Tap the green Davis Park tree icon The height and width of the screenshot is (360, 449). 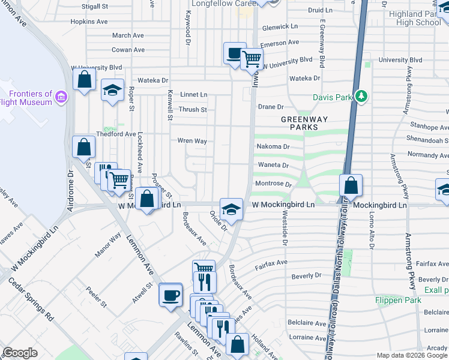pos(361,96)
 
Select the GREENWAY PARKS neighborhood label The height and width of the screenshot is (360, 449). pos(305,123)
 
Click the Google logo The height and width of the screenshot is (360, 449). pos(20,353)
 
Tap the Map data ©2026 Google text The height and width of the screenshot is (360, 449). pos(412,355)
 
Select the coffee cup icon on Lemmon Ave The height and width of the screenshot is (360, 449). pos(170,295)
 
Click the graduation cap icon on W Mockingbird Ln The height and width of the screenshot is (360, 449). pos(231,209)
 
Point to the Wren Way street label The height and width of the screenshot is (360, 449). pos(192,141)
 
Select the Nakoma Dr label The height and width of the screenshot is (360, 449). pos(273,146)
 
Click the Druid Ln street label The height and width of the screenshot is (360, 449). pos(320,10)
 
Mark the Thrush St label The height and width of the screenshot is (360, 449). pos(193,110)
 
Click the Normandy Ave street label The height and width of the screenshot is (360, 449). pos(427,155)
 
